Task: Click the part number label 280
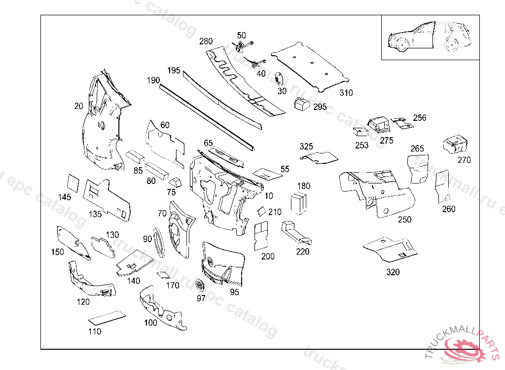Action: pyautogui.click(x=206, y=41)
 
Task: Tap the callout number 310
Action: pyautogui.click(x=346, y=92)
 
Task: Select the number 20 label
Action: pyautogui.click(x=78, y=106)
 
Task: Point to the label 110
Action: pyautogui.click(x=94, y=332)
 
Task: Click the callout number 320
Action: pyautogui.click(x=393, y=272)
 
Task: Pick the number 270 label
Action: pyautogui.click(x=464, y=160)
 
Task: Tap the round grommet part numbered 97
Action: pyautogui.click(x=200, y=286)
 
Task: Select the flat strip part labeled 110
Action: pyautogui.click(x=107, y=316)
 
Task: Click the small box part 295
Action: pyautogui.click(x=301, y=104)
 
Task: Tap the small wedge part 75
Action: pyautogui.click(x=175, y=182)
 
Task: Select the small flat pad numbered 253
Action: pyautogui.click(x=360, y=132)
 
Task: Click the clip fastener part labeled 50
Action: pyautogui.click(x=241, y=46)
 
